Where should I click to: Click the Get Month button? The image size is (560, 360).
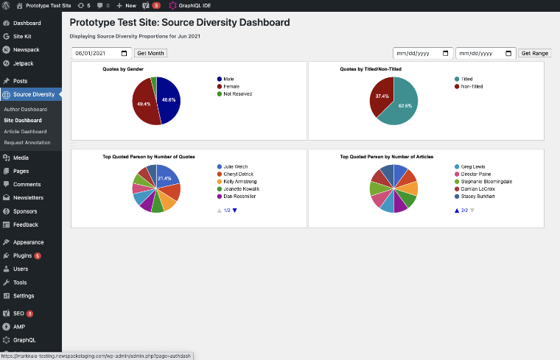tap(151, 53)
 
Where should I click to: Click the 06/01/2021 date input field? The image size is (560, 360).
tap(101, 53)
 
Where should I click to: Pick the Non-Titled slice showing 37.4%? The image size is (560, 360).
tap(382, 96)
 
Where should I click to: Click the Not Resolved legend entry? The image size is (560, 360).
tap(238, 93)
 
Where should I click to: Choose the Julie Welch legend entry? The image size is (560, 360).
tap(236, 166)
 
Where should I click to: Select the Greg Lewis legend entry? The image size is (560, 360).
tap(473, 166)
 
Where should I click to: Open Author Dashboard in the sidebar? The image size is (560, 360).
tap(25, 109)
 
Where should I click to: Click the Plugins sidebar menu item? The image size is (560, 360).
tap(22, 255)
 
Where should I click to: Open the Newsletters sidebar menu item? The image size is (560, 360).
tap(28, 197)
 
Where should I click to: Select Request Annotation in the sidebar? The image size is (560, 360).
tap(27, 142)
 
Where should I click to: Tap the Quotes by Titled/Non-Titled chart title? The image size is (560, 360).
tap(371, 69)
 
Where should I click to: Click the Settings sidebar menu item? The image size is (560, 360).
tap(24, 295)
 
